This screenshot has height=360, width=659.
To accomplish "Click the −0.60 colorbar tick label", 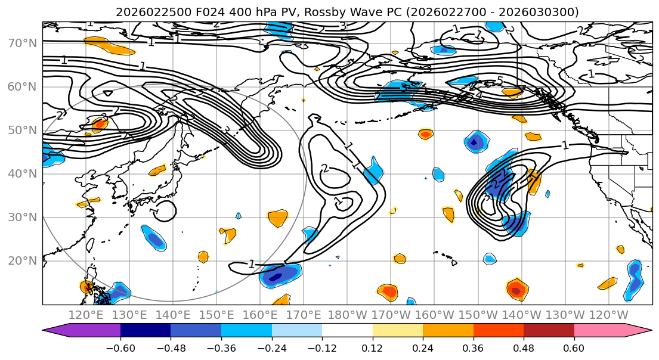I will pos(120,347).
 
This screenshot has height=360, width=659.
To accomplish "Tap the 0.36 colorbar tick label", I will pos(474,347).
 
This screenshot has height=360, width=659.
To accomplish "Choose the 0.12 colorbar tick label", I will pos(373,347).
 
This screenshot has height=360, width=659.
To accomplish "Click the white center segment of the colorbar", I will pos(347,331).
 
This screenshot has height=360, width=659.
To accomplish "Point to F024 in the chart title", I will pos(189,12).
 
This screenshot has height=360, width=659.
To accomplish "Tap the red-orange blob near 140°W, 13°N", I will pos(516,290).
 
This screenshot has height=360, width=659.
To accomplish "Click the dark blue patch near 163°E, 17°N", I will pos(276,277).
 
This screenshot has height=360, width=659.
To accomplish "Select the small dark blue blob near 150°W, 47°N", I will pos(475,142).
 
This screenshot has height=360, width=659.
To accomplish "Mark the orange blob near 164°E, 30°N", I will pos(277,218).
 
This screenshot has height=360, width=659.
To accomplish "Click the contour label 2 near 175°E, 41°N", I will pos(324,169).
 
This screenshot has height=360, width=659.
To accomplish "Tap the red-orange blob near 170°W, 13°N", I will pos(388,292).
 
